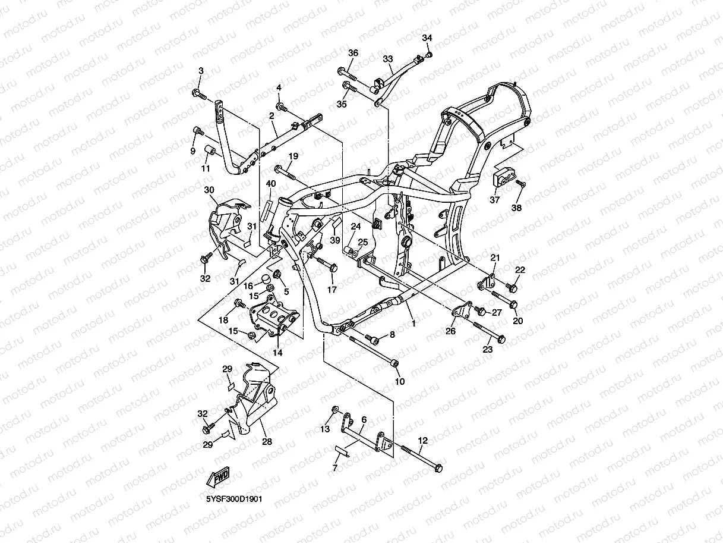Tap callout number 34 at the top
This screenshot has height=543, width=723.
(427, 38)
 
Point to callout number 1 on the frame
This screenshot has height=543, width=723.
(414, 324)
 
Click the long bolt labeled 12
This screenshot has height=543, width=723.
(422, 457)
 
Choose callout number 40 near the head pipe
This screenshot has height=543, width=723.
(271, 183)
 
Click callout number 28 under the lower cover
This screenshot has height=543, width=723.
(267, 442)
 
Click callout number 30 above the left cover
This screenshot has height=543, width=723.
(209, 190)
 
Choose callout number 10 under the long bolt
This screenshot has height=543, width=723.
(399, 381)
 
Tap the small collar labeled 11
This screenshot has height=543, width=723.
(210, 149)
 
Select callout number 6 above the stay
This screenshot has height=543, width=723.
(364, 420)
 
